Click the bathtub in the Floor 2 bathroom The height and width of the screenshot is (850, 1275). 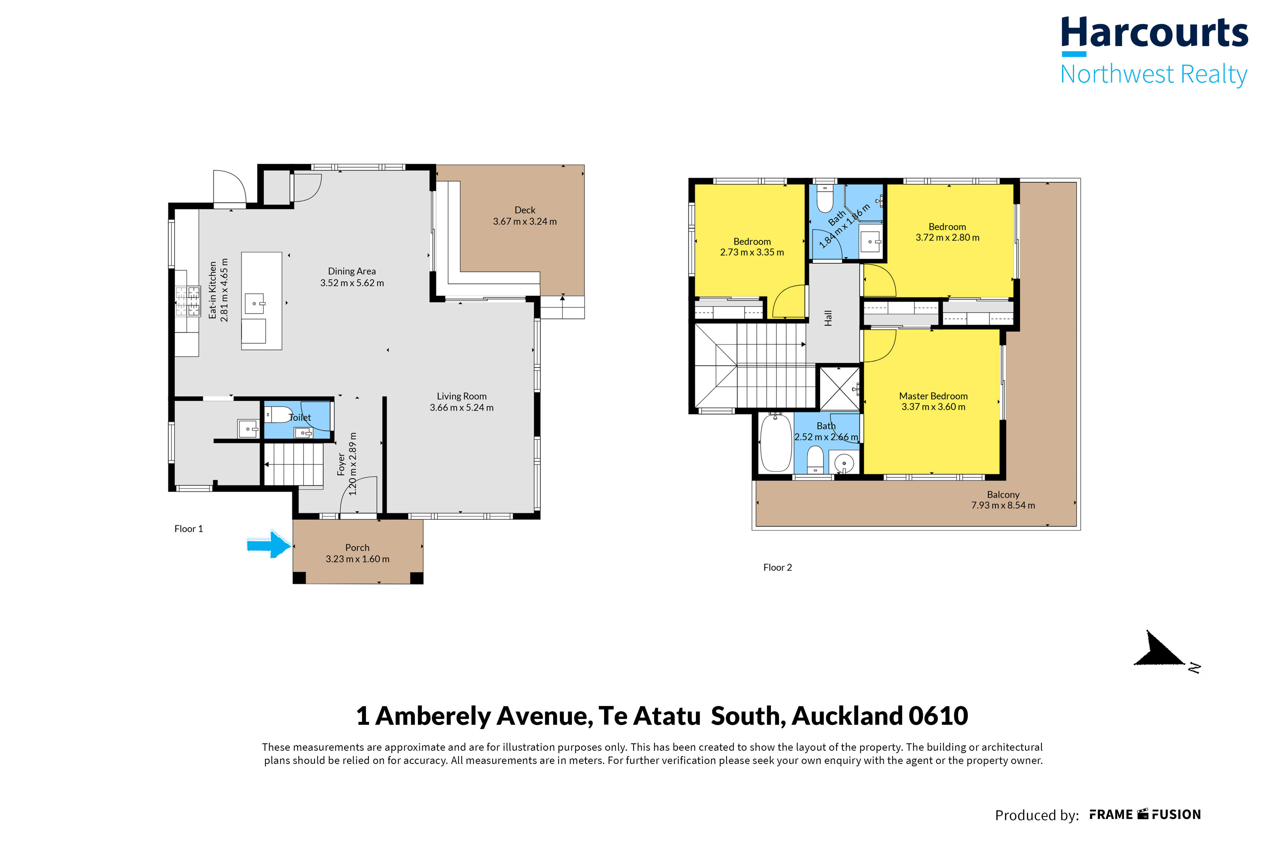point(776,442)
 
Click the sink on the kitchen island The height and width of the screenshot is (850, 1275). point(254,304)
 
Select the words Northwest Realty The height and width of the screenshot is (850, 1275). point(1153,74)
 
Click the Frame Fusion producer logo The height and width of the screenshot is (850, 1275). point(1145,814)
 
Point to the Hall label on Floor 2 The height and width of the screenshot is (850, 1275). point(828,318)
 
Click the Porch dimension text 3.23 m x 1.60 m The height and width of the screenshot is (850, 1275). point(357,559)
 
